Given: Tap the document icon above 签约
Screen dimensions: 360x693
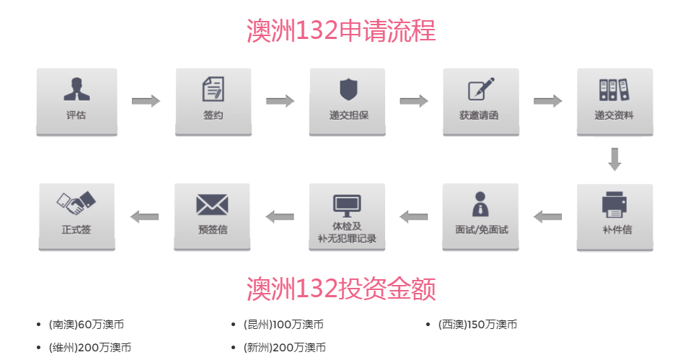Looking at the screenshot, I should point(213,89).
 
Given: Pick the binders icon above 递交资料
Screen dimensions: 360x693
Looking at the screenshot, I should point(614,89).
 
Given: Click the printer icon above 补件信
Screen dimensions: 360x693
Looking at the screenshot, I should point(615,203).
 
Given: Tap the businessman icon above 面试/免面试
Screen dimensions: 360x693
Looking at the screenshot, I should point(480,203).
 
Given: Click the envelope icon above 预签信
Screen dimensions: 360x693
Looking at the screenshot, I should point(212,204).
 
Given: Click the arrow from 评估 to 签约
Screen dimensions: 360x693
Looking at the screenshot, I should point(146,101).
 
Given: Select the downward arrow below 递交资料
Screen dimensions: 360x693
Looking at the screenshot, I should point(614,159).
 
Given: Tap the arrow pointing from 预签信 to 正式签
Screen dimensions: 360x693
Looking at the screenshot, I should point(144,216).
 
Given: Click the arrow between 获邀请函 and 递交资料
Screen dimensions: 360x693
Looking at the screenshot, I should point(547,101).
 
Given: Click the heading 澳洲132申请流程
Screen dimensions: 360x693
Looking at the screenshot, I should point(341,32).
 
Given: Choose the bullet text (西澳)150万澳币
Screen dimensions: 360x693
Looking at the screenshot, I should point(477,325).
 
